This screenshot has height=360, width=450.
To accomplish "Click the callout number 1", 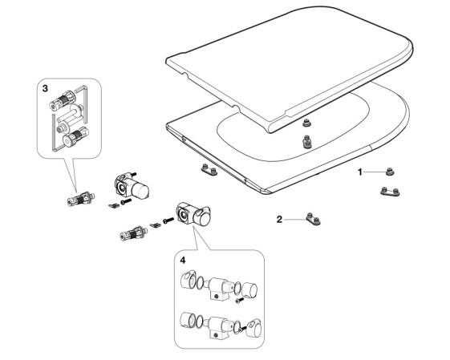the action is [x=360, y=172].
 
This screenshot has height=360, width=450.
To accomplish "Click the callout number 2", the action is [x=279, y=220].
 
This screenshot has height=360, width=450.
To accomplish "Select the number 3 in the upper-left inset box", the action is [x=45, y=89].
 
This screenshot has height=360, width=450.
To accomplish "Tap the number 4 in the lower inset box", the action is [x=183, y=260].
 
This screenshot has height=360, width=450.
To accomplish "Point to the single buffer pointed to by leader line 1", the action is [x=390, y=172].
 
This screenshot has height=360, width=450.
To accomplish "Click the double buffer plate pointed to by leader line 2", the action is [x=313, y=219].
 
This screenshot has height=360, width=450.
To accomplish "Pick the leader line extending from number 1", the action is [x=375, y=172].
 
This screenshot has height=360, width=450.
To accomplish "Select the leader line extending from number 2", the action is [x=295, y=220].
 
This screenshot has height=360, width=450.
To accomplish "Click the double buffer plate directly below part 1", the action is [x=390, y=192].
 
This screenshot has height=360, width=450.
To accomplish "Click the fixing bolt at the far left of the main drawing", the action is [x=81, y=199].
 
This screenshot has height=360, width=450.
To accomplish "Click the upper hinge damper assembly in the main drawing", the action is [x=132, y=186].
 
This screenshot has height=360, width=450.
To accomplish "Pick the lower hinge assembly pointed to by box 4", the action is [x=193, y=215].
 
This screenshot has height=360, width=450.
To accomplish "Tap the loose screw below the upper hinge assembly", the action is [x=126, y=202].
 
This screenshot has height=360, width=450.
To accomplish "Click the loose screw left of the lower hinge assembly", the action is [x=168, y=220].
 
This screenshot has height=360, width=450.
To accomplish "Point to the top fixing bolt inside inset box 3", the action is [x=63, y=100].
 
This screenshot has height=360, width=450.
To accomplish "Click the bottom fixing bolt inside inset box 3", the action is [x=75, y=137].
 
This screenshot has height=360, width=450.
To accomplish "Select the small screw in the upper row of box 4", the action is [x=239, y=301].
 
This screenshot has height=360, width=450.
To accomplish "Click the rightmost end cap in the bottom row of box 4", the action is [x=253, y=328].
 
